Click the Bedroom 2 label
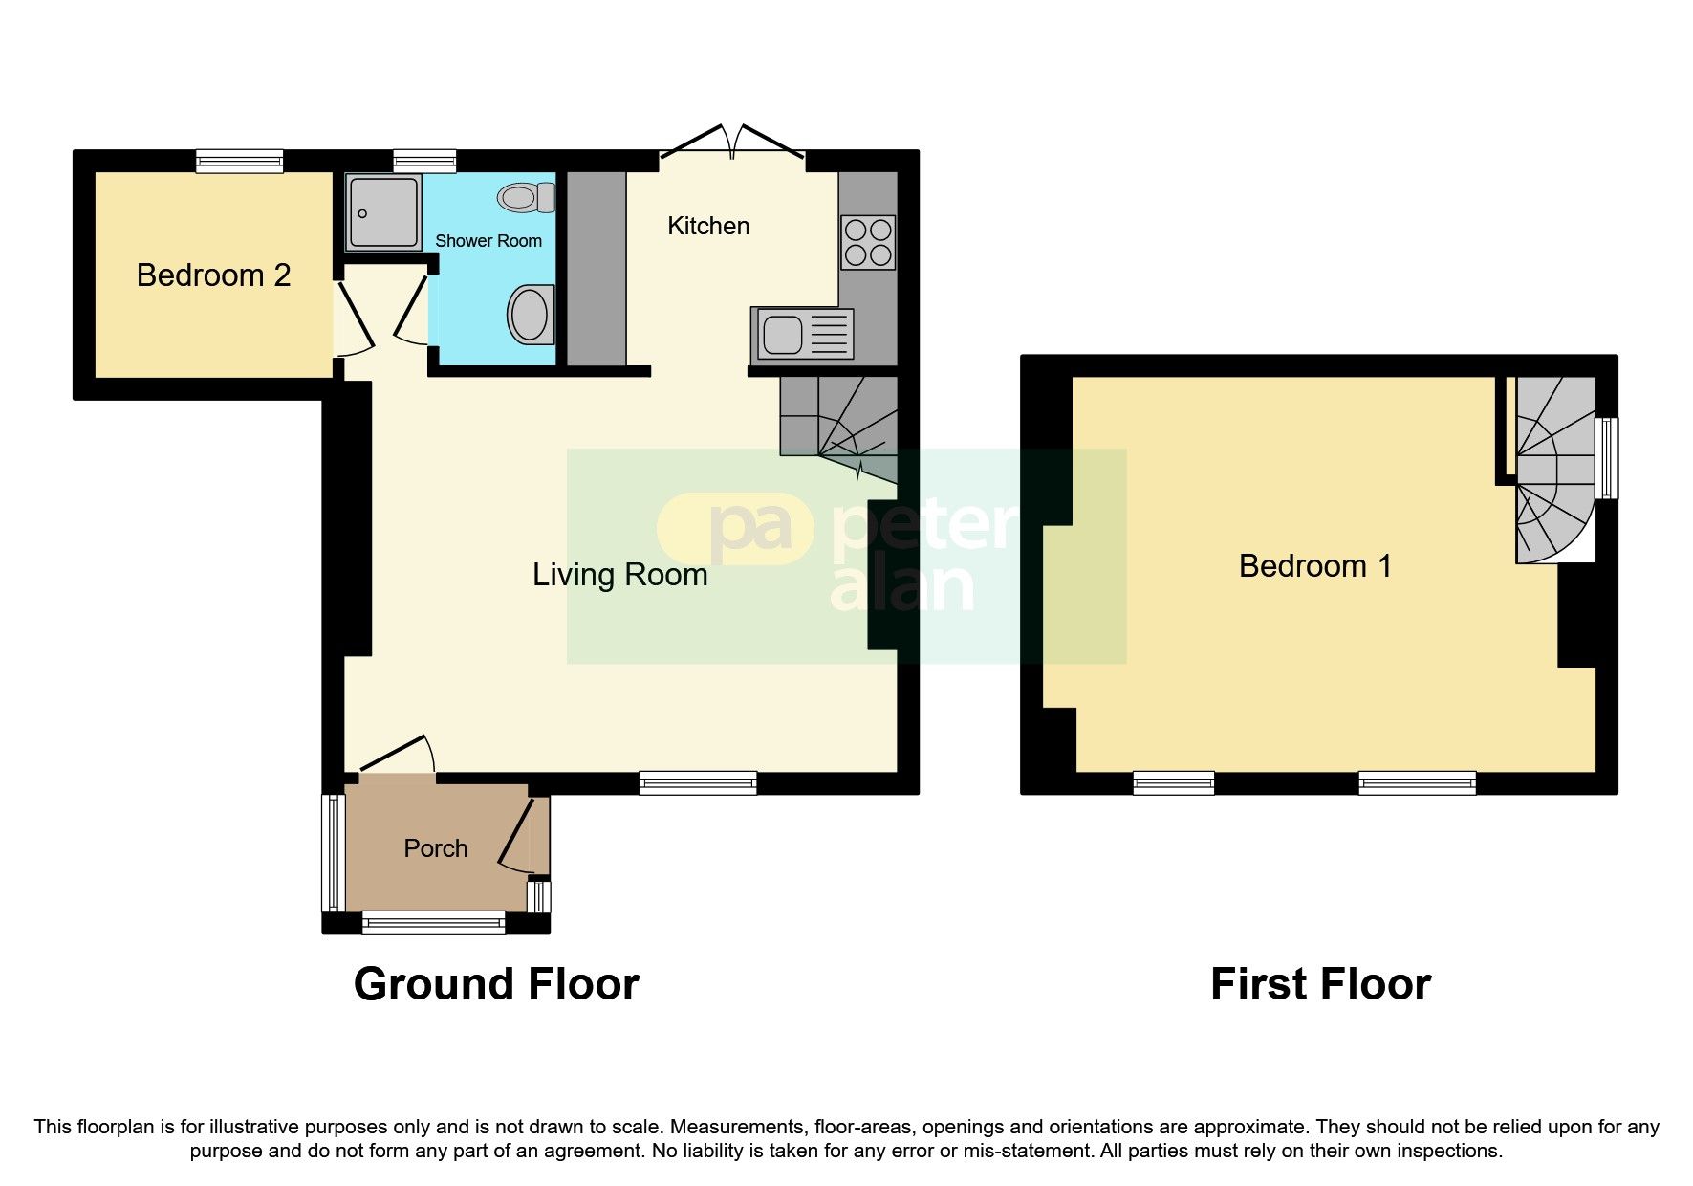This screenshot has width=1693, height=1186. point(213,275)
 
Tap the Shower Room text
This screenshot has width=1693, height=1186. point(488,241)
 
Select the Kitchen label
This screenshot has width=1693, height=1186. point(707,227)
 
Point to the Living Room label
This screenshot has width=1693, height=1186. point(619,575)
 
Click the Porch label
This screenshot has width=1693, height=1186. point(435,848)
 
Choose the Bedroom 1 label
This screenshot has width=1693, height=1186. point(1314,566)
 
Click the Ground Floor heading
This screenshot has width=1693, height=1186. point(495,984)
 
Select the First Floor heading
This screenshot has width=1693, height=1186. point(1319,984)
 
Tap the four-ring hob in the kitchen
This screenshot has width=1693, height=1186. point(868,242)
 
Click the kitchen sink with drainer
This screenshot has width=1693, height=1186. point(802,334)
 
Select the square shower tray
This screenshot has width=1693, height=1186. point(382,212)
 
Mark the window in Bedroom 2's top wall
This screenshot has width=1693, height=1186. point(239,161)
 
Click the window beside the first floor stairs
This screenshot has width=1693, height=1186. point(1610,457)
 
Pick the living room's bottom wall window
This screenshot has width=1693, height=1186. point(698,783)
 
